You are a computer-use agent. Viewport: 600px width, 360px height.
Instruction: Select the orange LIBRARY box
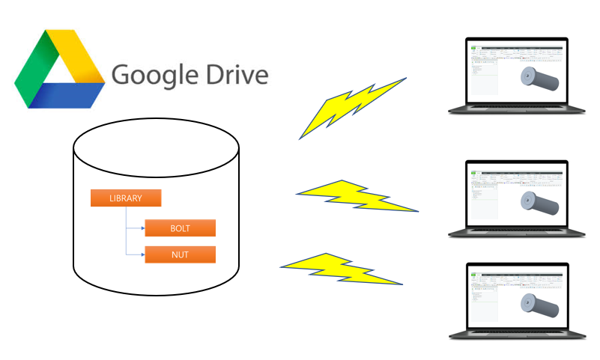126,198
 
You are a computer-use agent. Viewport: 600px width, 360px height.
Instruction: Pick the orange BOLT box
180,228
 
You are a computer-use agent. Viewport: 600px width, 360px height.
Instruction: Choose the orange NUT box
180,254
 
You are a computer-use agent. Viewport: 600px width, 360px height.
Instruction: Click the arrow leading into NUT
139,254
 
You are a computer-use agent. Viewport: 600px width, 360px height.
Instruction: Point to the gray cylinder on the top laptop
541,79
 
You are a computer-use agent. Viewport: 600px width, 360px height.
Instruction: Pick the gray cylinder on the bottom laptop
541,304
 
